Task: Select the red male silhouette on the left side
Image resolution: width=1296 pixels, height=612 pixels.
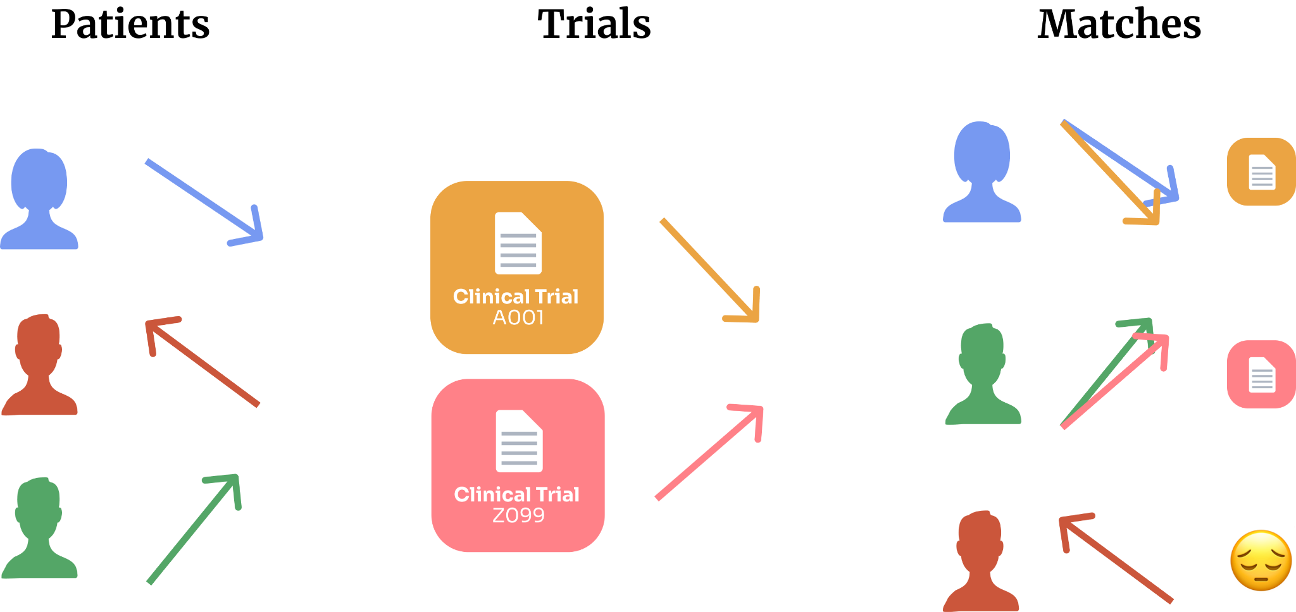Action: [x=39, y=367]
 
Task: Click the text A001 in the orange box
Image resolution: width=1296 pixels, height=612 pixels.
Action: [x=518, y=317]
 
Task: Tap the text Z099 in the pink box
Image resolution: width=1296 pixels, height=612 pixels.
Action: [x=518, y=515]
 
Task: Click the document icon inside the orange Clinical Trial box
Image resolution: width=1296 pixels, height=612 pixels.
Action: [x=518, y=243]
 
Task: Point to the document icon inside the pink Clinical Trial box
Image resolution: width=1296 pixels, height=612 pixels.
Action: [x=519, y=441]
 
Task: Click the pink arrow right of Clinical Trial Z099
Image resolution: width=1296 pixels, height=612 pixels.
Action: [x=709, y=453]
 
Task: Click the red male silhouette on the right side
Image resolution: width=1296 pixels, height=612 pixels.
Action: [x=981, y=563]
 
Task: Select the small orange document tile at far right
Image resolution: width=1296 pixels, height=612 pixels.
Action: [x=1261, y=171]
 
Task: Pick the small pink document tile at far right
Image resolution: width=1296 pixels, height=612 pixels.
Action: [x=1261, y=374]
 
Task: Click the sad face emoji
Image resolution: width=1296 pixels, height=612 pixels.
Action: [x=1261, y=561]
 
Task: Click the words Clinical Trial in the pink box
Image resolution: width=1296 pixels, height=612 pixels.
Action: [x=516, y=494]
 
